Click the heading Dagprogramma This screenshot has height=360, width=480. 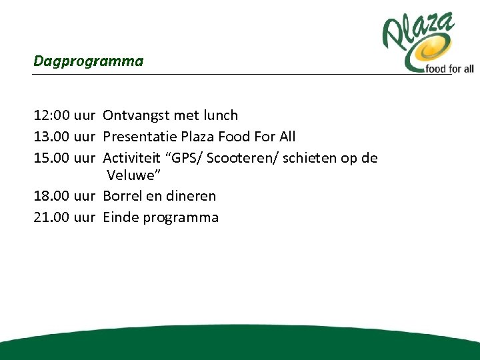88,61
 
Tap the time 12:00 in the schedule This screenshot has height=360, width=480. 51,116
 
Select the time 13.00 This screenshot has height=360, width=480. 51,137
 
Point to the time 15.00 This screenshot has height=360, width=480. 51,157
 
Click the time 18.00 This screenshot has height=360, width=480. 51,197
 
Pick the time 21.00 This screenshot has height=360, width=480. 51,217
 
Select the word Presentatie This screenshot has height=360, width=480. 140,137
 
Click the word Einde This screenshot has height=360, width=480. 121,217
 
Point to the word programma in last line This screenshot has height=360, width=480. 181,218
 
